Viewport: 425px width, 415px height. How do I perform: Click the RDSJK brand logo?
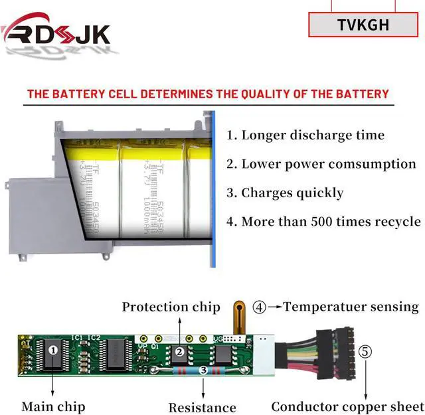(x=56, y=31)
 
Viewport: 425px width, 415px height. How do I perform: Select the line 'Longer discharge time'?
(x=305, y=135)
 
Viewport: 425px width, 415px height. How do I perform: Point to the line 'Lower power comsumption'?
(x=321, y=164)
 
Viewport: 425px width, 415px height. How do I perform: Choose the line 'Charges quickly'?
(x=285, y=193)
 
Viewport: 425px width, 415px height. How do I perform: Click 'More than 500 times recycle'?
(x=323, y=222)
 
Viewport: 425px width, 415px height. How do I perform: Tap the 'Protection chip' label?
(x=171, y=307)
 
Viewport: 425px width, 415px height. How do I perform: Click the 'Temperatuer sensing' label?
(x=351, y=307)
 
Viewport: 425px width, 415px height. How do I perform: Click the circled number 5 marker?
(x=365, y=351)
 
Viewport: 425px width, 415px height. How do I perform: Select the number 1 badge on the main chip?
(x=54, y=347)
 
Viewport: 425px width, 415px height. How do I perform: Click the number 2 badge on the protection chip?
(x=178, y=352)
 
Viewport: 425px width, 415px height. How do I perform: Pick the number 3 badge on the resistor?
(x=204, y=370)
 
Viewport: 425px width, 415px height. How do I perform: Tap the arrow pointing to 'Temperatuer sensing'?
(x=274, y=307)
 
